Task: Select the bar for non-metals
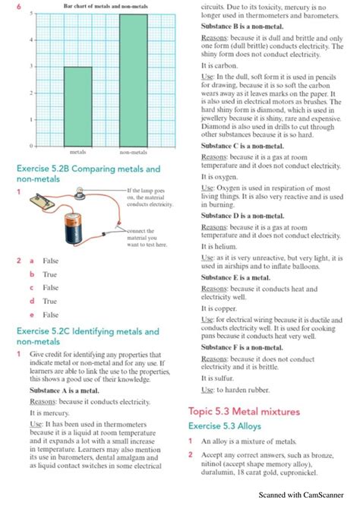pyautogui.click(x=134, y=79)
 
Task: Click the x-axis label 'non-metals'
pyautogui.click(x=134, y=152)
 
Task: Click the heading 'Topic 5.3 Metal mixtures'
pyautogui.click(x=244, y=411)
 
